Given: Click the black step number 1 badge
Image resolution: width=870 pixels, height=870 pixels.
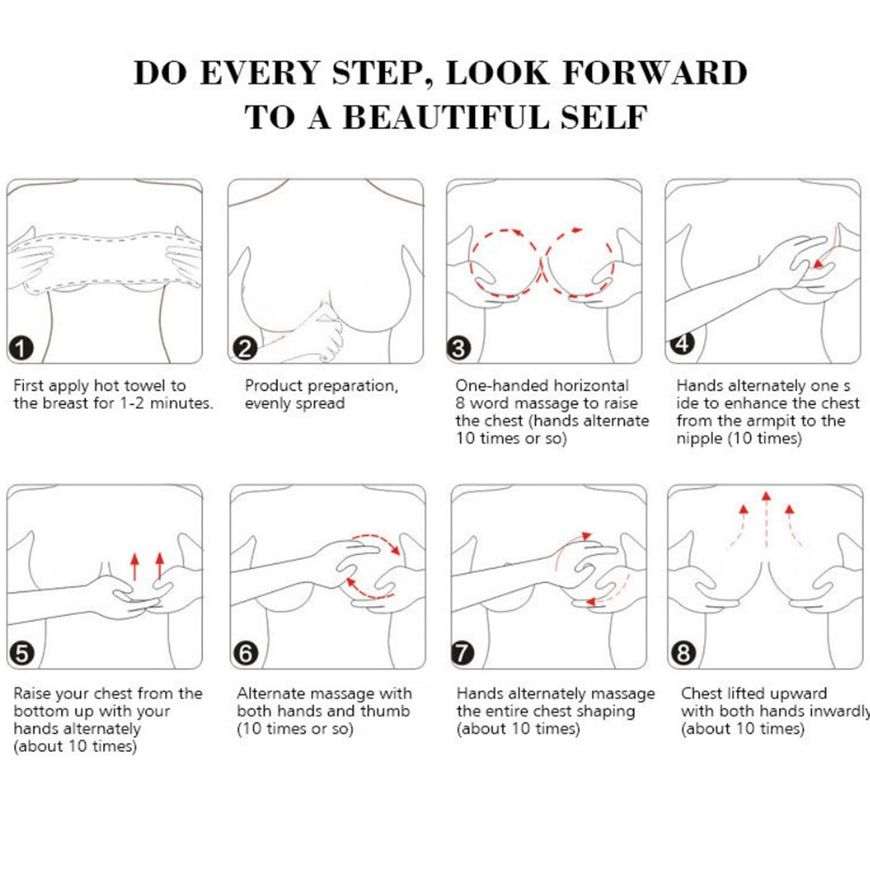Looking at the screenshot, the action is [21, 348].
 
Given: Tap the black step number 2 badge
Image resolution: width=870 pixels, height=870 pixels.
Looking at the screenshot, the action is [245, 348].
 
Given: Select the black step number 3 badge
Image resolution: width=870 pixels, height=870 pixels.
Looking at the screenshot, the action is [458, 348].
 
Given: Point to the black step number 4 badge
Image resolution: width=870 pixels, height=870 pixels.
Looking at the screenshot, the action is [683, 343].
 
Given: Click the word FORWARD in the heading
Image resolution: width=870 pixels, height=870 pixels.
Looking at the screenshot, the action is [656, 72].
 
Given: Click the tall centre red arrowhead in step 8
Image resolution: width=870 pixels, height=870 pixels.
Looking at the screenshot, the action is [766, 497].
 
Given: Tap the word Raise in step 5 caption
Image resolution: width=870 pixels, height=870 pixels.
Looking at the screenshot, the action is [31, 693].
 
